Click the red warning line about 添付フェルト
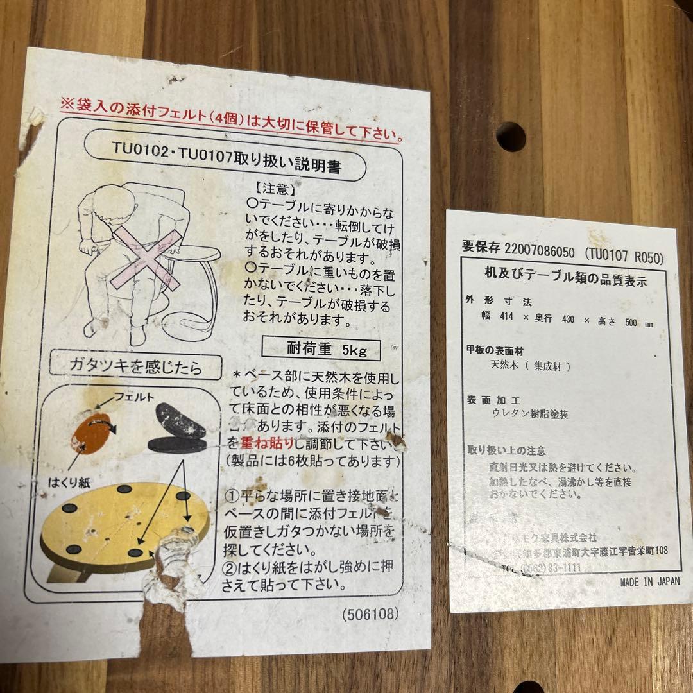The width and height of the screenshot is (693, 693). (x=231, y=119)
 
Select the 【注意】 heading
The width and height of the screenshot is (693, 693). (x=275, y=189)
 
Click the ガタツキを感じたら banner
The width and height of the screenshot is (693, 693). (x=136, y=368)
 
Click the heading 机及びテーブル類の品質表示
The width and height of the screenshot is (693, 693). (x=565, y=280)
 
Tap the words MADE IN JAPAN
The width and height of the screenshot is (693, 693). (x=650, y=582)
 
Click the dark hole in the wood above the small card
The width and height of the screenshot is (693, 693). (x=511, y=137)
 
